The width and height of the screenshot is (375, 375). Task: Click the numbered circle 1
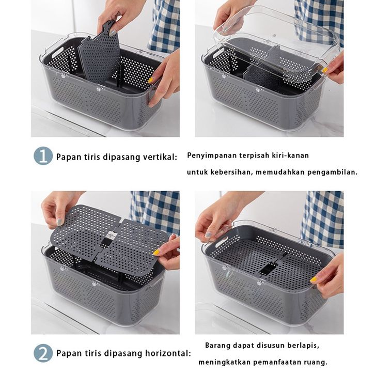(43, 156)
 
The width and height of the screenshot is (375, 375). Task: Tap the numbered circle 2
(43, 353)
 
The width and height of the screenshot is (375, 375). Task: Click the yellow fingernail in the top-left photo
(150, 80)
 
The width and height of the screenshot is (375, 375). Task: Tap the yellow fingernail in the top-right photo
(324, 70)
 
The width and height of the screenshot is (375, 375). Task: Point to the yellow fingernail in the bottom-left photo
(157, 252)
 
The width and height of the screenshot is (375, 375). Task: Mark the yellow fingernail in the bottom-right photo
(314, 279)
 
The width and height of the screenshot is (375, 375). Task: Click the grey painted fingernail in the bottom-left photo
(60, 222)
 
